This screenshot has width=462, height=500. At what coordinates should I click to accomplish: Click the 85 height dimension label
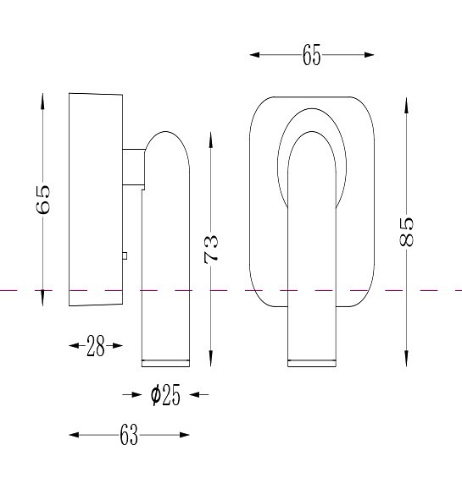click(x=406, y=232)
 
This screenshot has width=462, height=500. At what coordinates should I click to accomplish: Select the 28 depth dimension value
click(x=95, y=346)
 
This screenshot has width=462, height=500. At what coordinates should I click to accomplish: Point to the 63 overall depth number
click(x=129, y=435)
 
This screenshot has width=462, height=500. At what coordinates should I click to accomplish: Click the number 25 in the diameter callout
click(x=171, y=395)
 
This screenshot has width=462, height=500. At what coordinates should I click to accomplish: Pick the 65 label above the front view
click(x=311, y=55)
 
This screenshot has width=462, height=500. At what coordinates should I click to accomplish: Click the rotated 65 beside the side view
click(x=43, y=200)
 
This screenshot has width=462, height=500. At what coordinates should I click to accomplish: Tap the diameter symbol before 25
click(x=156, y=395)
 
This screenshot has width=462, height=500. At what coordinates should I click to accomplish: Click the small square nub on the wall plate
click(x=125, y=255)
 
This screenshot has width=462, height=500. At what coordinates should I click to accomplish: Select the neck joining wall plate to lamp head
click(x=134, y=167)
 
